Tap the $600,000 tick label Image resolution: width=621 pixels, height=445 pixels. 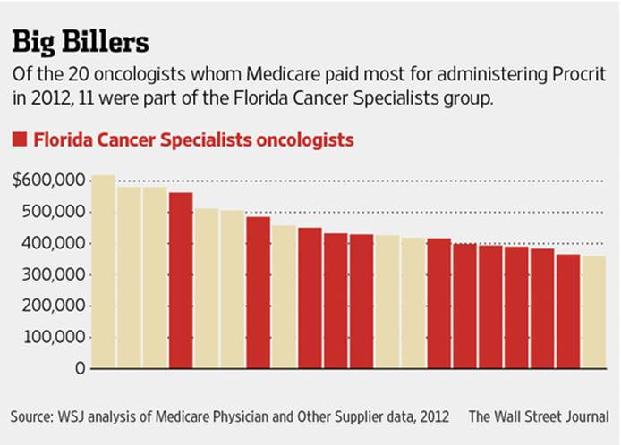(50, 181)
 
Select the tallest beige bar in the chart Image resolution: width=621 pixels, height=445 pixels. (104, 272)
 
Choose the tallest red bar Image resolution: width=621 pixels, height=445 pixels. (181, 281)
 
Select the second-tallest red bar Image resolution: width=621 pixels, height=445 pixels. (259, 292)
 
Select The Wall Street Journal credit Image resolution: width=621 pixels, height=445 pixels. (539, 416)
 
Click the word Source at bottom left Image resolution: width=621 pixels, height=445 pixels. (31, 416)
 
